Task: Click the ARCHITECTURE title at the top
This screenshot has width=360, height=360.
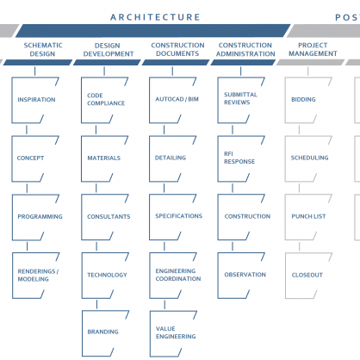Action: point(155,17)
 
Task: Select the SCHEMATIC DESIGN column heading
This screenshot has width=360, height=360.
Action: point(43,49)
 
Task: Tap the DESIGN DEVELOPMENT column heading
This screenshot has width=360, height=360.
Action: point(109,50)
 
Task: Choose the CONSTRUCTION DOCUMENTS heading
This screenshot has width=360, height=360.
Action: point(177,49)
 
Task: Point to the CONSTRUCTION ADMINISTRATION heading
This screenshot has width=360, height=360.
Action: point(245,49)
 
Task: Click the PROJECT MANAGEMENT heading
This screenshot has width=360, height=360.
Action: point(313,49)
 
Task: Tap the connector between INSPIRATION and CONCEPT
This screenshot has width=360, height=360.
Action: point(27,130)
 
